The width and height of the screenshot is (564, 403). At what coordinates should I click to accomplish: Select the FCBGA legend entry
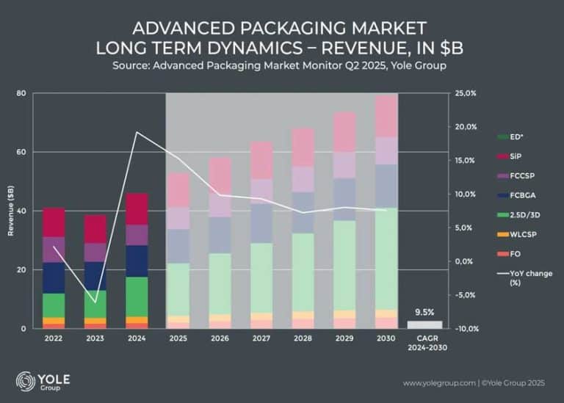(x=519, y=195)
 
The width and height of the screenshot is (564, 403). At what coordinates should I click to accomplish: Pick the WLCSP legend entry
(x=519, y=234)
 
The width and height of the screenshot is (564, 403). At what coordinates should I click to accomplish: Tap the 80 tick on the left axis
(x=22, y=93)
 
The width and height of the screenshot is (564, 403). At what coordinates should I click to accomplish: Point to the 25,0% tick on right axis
(x=466, y=93)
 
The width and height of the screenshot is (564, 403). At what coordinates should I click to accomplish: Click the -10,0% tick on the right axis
(x=466, y=328)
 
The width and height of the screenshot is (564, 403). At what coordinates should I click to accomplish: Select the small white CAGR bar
(x=424, y=324)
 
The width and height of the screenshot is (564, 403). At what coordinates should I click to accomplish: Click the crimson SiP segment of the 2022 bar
(x=54, y=222)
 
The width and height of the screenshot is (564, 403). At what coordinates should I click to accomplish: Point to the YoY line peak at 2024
(x=137, y=132)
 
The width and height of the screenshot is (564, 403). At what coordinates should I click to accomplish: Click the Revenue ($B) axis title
(x=10, y=211)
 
